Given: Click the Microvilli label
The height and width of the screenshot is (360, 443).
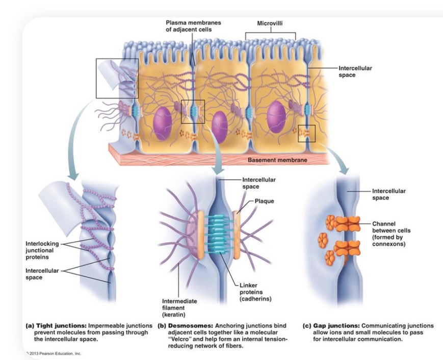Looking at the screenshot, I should pos(271,23).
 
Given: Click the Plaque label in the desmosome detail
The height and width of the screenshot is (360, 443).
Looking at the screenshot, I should pos(264,200).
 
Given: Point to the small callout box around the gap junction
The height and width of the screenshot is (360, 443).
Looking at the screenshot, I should pos(307,133).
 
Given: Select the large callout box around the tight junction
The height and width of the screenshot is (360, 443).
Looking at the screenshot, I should pos(117,78).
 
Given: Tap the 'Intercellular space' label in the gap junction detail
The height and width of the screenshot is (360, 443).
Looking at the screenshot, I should pos(389,194).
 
